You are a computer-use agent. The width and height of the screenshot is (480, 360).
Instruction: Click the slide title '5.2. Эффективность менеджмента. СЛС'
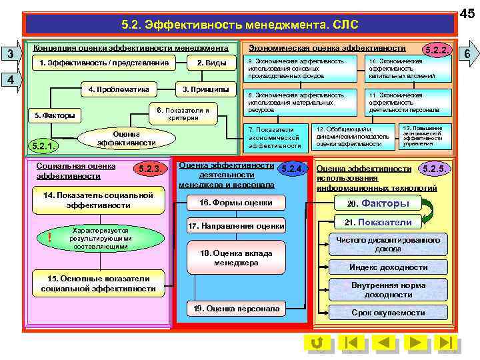pos(240,25)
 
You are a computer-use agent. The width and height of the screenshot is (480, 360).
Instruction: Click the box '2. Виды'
pos(211,63)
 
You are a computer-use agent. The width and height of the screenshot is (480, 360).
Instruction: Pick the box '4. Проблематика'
pos(118,89)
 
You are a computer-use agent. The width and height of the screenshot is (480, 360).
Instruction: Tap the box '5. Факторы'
pos(55,115)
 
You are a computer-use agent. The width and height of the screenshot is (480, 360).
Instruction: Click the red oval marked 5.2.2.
pos(437,50)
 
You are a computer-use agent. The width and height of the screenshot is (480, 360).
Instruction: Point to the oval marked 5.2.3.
pos(149,169)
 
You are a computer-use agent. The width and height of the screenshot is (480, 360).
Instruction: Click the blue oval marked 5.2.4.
pos(291,169)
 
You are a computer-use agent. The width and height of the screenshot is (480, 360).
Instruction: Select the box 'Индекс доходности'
pos(389,267)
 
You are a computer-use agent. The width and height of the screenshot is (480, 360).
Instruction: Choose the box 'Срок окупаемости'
pos(389,312)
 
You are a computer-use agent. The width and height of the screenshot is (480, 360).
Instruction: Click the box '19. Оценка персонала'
pos(237,309)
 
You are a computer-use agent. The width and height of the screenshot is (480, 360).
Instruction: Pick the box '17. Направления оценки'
pos(237,227)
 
